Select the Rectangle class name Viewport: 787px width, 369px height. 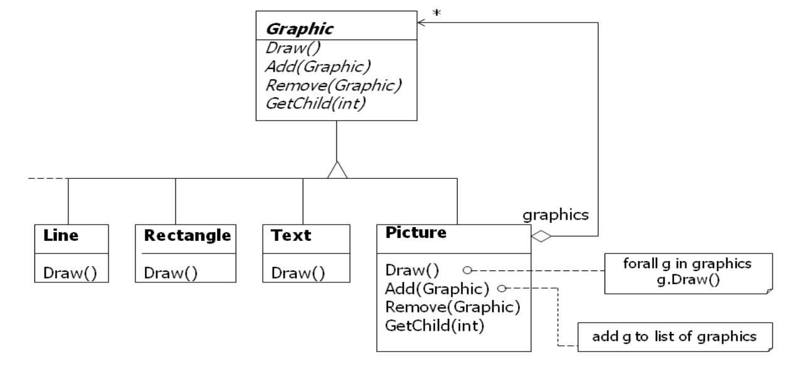coord(188,236)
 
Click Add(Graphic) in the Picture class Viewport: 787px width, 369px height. coord(438,289)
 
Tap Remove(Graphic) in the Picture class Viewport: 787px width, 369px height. coord(448,307)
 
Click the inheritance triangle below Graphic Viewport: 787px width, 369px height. coord(337,169)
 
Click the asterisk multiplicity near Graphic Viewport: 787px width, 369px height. coord(436,13)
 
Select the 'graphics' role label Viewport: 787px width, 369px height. coord(555,215)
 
